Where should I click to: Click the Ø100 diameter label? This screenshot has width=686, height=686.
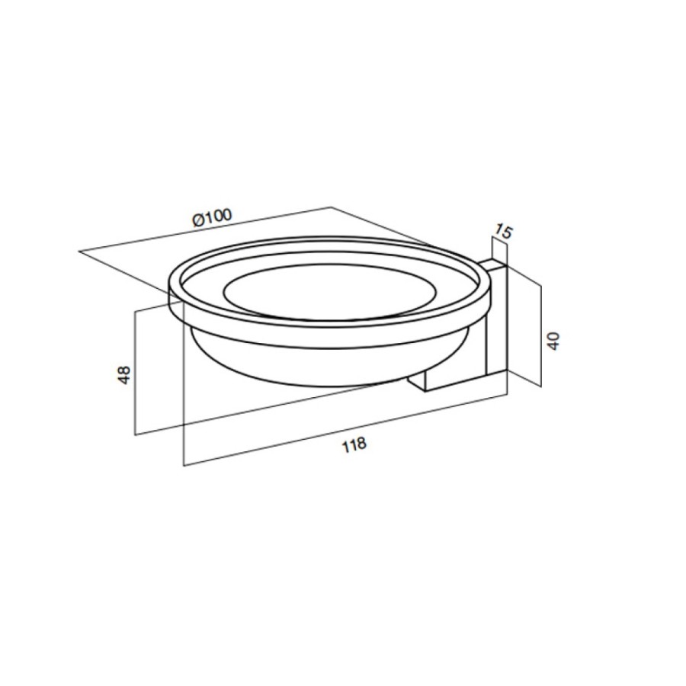(212, 217)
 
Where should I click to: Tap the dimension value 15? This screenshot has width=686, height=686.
(503, 232)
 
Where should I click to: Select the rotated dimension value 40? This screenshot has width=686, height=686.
(553, 341)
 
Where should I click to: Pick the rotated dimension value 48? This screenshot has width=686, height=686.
(125, 375)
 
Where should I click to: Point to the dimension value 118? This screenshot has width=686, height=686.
(354, 445)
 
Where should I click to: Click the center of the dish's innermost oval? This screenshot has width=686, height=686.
(330, 291)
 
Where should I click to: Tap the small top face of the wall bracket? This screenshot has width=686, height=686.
(492, 264)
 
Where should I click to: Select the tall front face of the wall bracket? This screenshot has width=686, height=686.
(497, 321)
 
